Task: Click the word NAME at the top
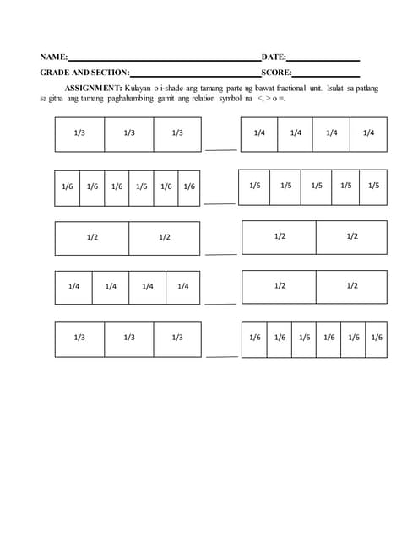coord(53,57)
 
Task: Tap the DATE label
coord(274,57)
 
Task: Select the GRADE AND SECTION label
coord(84,73)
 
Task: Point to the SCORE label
coord(276,73)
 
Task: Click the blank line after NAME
coord(165,60)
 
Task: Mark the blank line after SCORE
coord(326,76)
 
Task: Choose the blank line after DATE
coord(323,60)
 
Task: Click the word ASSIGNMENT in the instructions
coord(94,88)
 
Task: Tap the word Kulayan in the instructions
coord(139,88)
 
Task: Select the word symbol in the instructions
coord(219,99)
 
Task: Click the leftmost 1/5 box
coord(255,186)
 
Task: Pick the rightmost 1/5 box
coord(373,186)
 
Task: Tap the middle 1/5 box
coord(316,186)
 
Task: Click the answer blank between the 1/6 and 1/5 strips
coord(220,202)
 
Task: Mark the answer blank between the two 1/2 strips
coord(220,253)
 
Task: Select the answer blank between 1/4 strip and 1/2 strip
coord(220,303)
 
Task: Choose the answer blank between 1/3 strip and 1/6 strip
coord(220,355)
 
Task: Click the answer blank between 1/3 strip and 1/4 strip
coord(220,149)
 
